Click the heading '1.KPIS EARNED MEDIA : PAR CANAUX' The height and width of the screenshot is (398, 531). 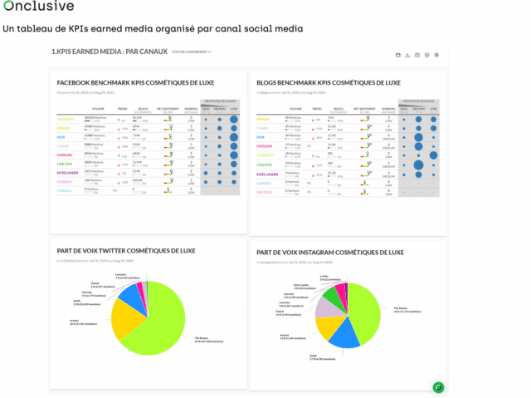click(x=109, y=52)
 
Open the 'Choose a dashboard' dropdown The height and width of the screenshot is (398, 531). click(x=192, y=52)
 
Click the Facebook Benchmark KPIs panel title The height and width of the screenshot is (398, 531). click(x=134, y=83)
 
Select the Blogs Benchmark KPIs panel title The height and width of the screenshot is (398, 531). click(x=329, y=83)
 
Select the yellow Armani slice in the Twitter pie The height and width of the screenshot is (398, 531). click(x=127, y=318)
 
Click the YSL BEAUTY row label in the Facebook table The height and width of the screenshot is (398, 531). click(x=65, y=120)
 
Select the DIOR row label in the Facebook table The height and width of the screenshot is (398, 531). click(x=61, y=136)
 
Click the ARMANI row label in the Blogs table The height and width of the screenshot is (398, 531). click(x=262, y=120)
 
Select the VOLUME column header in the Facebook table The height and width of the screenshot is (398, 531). click(x=98, y=109)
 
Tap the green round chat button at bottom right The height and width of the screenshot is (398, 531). click(x=438, y=387)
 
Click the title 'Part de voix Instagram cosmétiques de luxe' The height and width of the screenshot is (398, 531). click(x=329, y=253)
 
